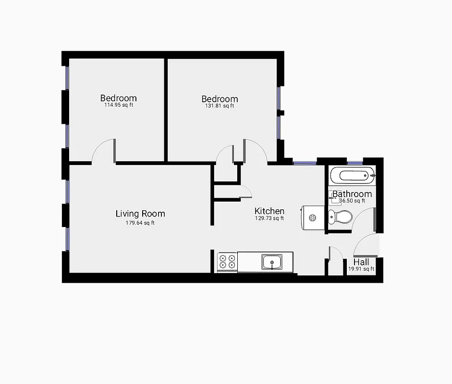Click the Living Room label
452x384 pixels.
(140, 214)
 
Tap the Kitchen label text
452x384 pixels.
(269, 211)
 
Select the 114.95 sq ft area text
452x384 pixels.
(119, 105)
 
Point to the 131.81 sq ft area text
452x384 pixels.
(220, 106)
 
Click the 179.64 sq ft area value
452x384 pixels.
(140, 223)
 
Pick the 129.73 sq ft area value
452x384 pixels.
(269, 218)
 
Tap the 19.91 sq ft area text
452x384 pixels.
(361, 269)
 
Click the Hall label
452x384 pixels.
(361, 262)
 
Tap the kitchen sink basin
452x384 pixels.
(272, 262)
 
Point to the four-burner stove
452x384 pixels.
(227, 262)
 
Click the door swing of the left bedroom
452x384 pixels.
(103, 151)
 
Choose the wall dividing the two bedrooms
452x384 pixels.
(166, 109)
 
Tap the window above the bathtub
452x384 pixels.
(355, 163)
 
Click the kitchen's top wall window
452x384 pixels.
(305, 163)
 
